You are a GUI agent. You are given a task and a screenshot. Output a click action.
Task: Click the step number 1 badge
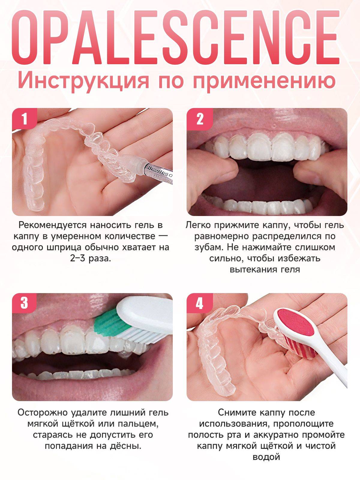coord(24,119)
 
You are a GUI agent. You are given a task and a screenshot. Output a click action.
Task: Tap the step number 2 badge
coord(199,119)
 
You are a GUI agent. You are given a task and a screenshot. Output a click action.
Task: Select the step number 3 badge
coord(24,303)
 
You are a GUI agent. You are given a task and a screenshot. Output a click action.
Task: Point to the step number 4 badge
coord(199,303)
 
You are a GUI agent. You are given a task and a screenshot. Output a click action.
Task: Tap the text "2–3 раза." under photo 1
coord(90,258)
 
